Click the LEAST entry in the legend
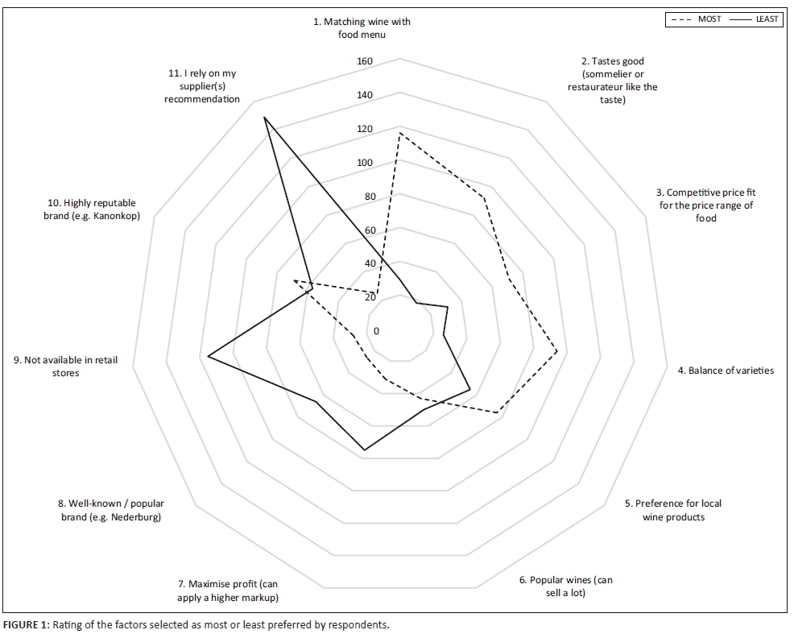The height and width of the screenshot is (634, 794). pyautogui.click(x=766, y=19)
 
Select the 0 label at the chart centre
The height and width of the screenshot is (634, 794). pyautogui.click(x=374, y=331)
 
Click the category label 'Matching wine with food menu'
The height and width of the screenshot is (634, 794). pyautogui.click(x=362, y=28)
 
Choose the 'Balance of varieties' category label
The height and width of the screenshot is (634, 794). pyautogui.click(x=725, y=371)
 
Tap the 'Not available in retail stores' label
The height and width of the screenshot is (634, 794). pyautogui.click(x=65, y=367)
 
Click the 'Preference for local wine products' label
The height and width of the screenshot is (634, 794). pyautogui.click(x=673, y=510)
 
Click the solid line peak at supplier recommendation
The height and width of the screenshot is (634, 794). pyautogui.click(x=264, y=118)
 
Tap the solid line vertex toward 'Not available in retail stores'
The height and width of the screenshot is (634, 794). pyautogui.click(x=208, y=356)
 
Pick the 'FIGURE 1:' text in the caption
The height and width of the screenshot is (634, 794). pyautogui.click(x=27, y=624)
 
